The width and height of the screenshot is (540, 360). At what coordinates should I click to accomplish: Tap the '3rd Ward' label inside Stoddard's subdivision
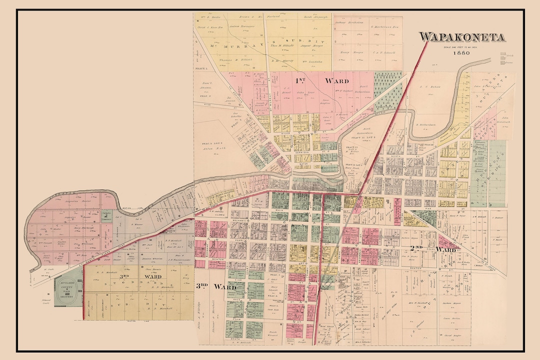142,276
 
